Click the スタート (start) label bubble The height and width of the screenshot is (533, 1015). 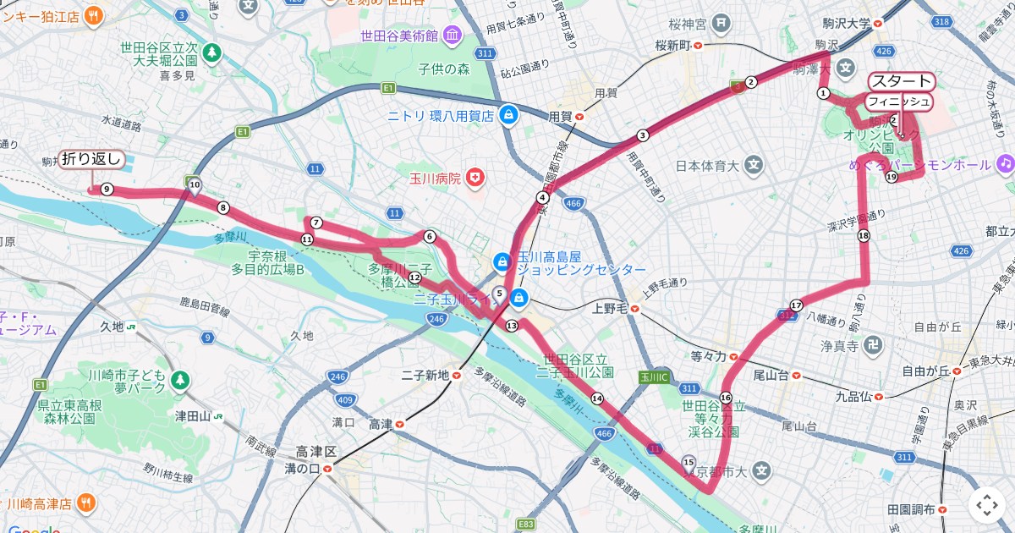902,82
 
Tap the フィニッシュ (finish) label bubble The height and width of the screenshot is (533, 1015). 898,102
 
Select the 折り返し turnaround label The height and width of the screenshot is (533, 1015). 92,158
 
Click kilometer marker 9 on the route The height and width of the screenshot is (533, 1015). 107,190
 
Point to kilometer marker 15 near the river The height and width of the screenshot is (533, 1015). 689,461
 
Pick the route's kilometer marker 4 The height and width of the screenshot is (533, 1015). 542,198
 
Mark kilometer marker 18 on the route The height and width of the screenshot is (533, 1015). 863,236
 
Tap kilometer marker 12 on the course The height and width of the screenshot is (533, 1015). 414,277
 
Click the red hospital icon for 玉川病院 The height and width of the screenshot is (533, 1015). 478,178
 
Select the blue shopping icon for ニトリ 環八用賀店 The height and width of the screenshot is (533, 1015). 507,115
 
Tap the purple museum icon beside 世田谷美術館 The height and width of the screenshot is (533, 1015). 453,36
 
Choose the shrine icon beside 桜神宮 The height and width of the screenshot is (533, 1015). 722,22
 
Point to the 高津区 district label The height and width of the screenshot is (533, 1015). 316,453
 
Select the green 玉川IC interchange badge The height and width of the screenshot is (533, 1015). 654,376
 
